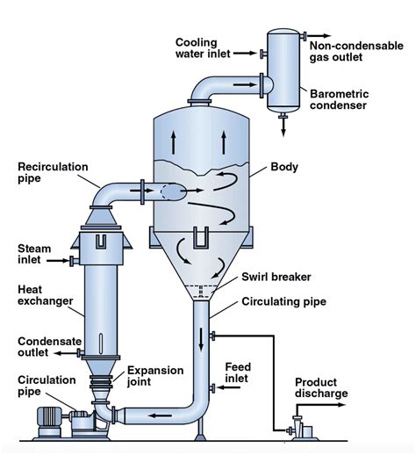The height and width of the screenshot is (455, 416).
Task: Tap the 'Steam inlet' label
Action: (35, 255)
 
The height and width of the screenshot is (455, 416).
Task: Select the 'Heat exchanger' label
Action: (40, 296)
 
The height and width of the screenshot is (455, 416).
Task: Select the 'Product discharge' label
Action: (321, 388)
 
